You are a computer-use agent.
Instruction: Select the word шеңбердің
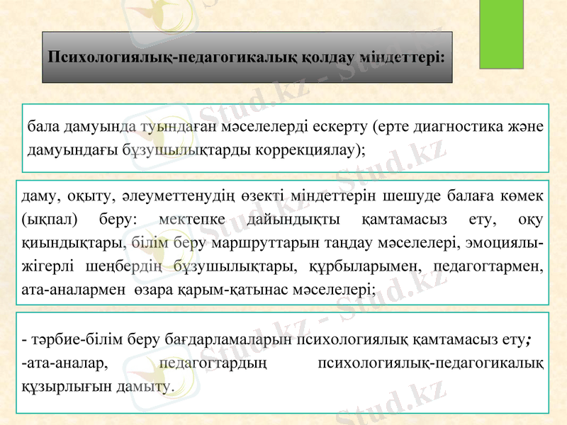(x=134, y=266)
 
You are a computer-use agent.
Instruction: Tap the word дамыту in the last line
(x=147, y=387)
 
